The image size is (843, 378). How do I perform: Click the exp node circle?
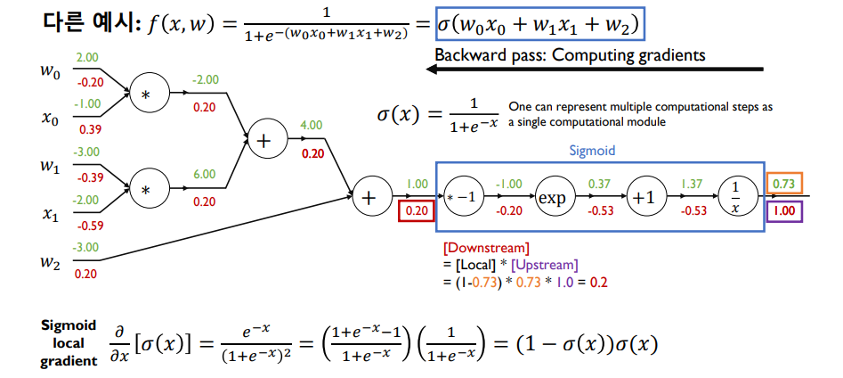(x=553, y=196)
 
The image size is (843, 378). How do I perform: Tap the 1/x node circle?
(x=734, y=196)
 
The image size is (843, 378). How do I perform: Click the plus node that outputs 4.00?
(x=264, y=140)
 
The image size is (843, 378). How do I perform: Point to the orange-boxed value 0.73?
(x=785, y=184)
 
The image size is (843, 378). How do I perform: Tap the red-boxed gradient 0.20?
(x=417, y=211)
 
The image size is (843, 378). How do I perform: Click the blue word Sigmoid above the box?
(x=592, y=151)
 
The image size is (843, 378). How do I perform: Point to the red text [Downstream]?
(x=485, y=248)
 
